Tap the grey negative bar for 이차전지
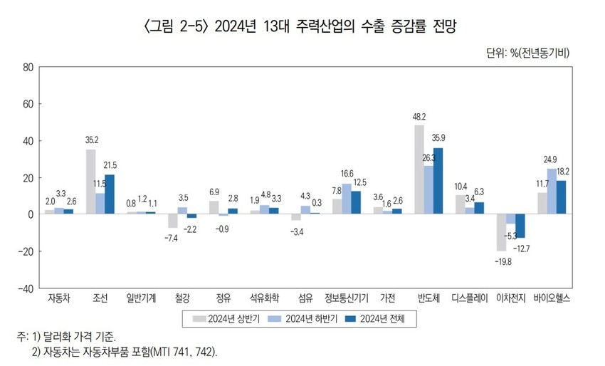point(501,232)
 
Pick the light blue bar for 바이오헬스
point(552,192)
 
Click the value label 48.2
point(419,117)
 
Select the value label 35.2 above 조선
point(90,140)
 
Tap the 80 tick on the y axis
point(28,68)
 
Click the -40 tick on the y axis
point(26,288)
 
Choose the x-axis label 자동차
point(59,298)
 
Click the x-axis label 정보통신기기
point(347,298)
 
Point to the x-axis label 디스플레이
point(470,298)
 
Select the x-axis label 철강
point(183,298)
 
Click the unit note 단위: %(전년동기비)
point(528,52)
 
